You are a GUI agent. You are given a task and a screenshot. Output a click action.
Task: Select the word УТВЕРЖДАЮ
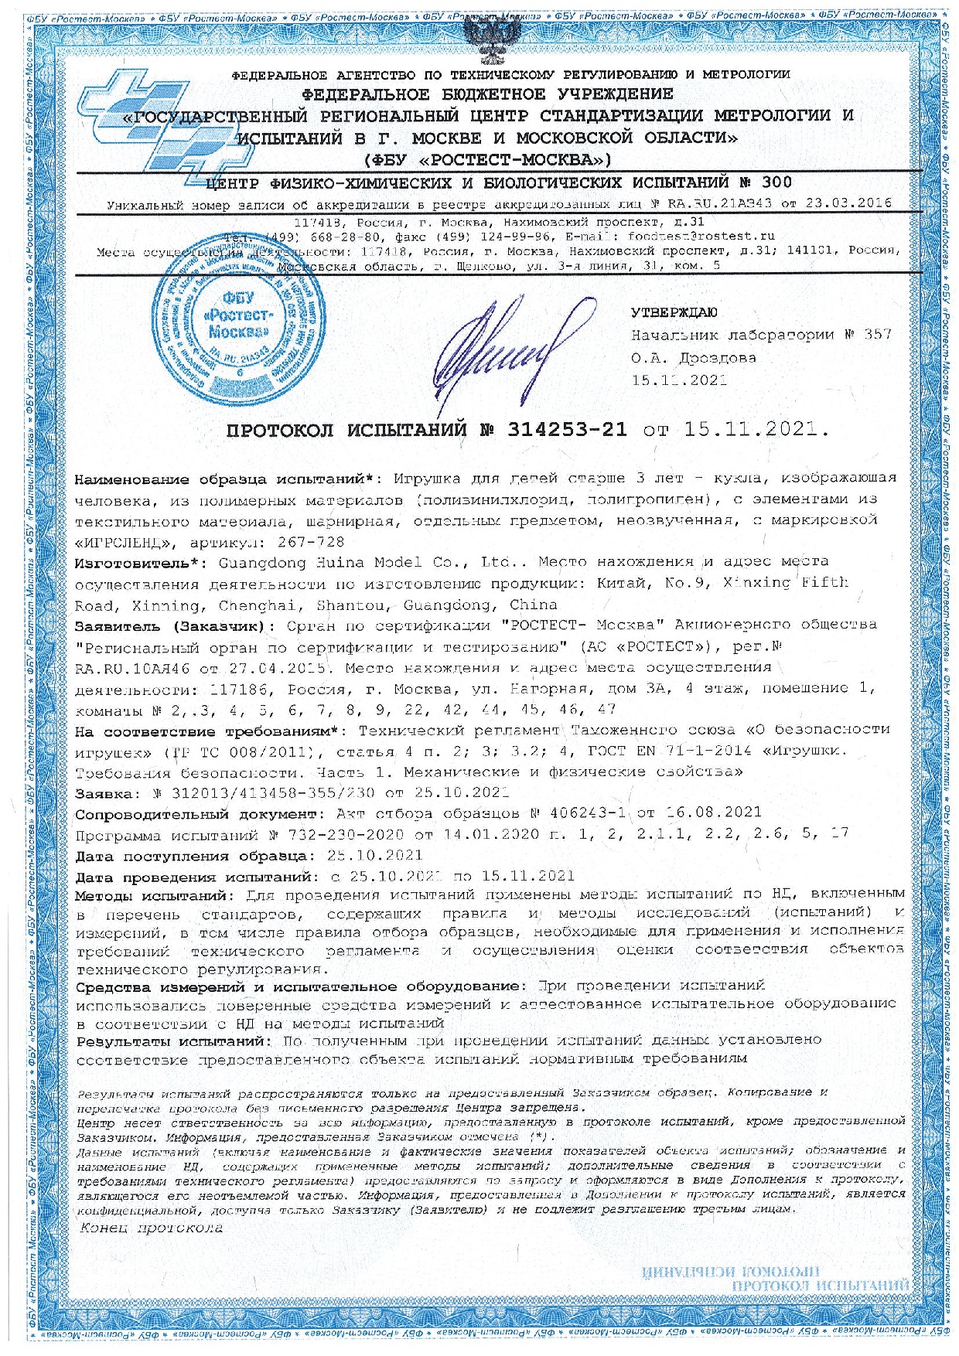pos(674,313)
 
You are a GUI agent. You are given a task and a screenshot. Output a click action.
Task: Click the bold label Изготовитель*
pos(131,561)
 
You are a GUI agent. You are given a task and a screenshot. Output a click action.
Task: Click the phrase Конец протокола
pos(152,1228)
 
